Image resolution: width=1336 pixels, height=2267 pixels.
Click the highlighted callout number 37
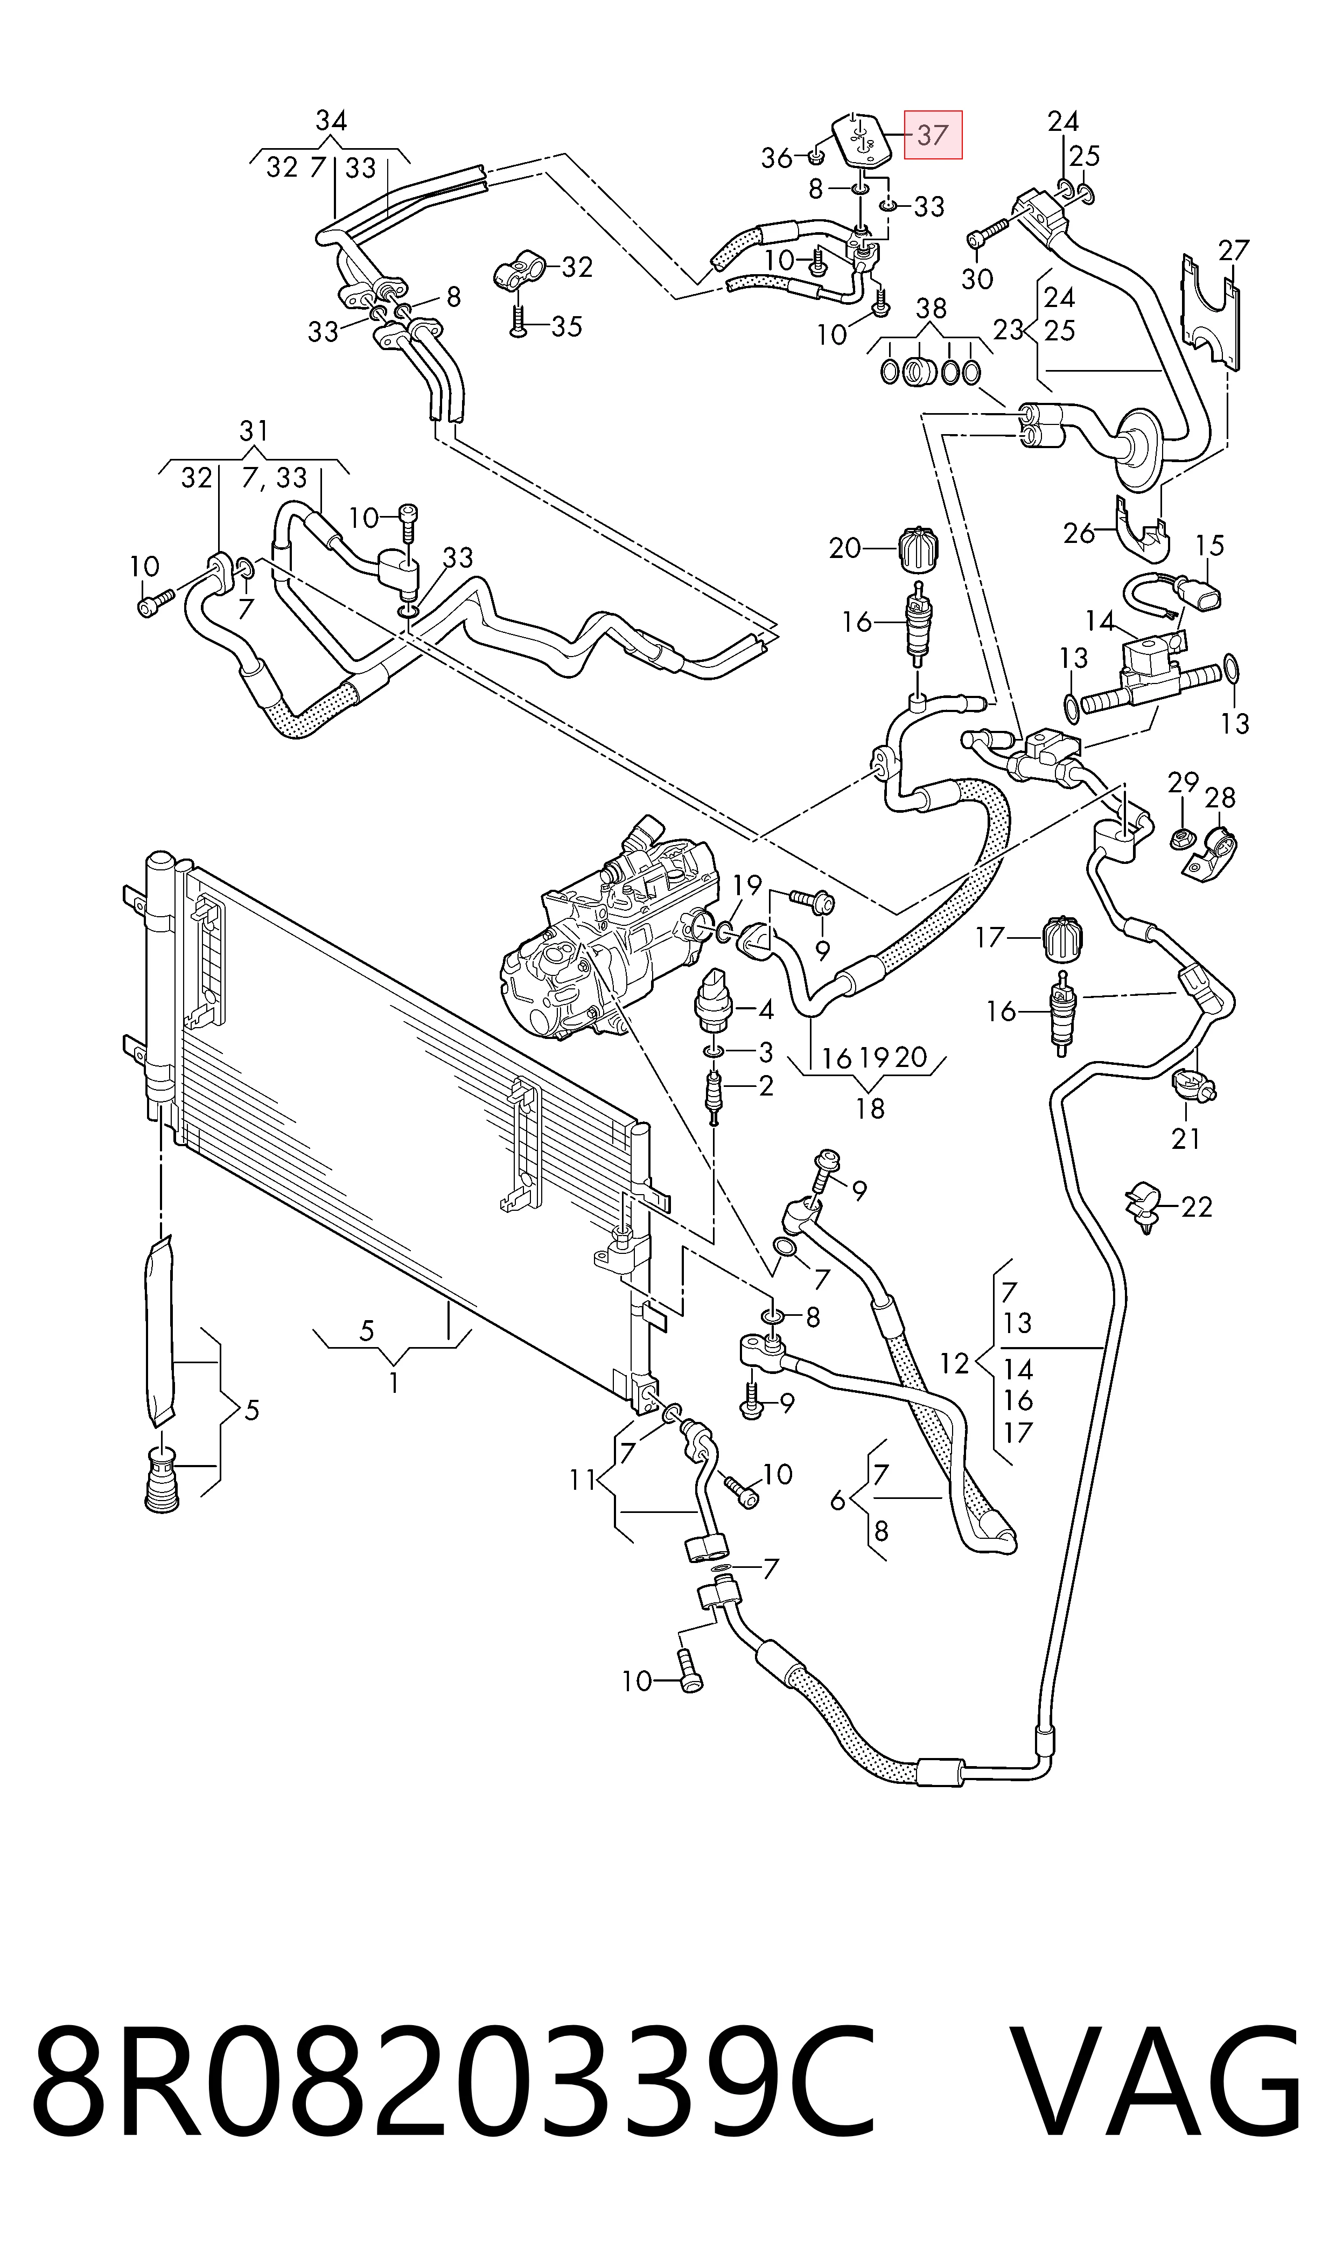coord(933,135)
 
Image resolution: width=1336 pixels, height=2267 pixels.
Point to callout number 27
coord(1234,249)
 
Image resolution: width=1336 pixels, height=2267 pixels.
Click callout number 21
coord(1186,1139)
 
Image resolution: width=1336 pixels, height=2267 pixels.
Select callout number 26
coord(1079,534)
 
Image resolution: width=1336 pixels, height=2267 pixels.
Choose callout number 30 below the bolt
coord(977,279)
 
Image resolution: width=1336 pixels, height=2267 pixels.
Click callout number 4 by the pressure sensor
coord(766,1009)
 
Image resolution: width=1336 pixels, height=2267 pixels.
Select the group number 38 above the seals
coord(931,309)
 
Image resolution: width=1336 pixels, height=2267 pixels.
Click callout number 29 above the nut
coord(1183,783)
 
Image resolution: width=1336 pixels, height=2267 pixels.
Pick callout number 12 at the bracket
coord(954,1363)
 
